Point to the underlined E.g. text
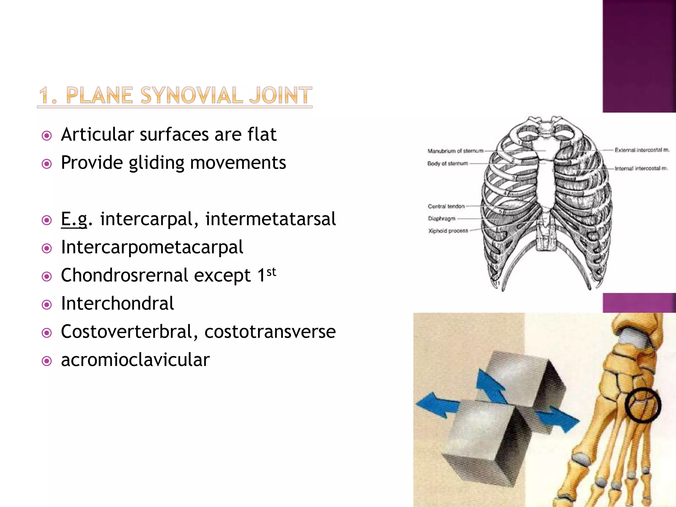pyautogui.click(x=75, y=219)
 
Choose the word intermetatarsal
pyautogui.click(x=270, y=219)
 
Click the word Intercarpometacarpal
pyautogui.click(x=152, y=247)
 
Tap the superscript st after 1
pyautogui.click(x=271, y=272)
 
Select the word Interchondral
pyautogui.click(x=118, y=303)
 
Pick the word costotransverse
pyautogui.click(x=270, y=331)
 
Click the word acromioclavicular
pyautogui.click(x=135, y=360)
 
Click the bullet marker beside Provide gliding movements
pyautogui.click(x=47, y=164)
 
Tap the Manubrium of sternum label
pyautogui.click(x=455, y=151)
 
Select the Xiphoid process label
pyautogui.click(x=448, y=231)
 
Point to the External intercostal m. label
pyautogui.click(x=642, y=150)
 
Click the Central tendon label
pyautogui.click(x=446, y=206)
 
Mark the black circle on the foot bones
pyautogui.click(x=643, y=405)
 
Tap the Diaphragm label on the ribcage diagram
pyautogui.click(x=441, y=219)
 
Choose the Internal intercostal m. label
pyautogui.click(x=641, y=168)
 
